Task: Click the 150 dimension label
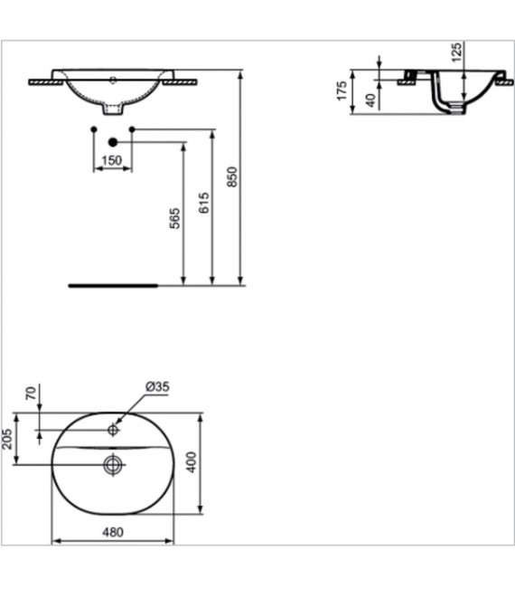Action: [112, 160]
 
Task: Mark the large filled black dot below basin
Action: [113, 142]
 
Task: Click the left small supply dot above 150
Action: [94, 129]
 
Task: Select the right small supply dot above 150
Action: [132, 129]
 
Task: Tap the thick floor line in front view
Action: [113, 283]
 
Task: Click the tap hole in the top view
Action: [113, 429]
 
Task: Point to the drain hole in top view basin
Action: [113, 465]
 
